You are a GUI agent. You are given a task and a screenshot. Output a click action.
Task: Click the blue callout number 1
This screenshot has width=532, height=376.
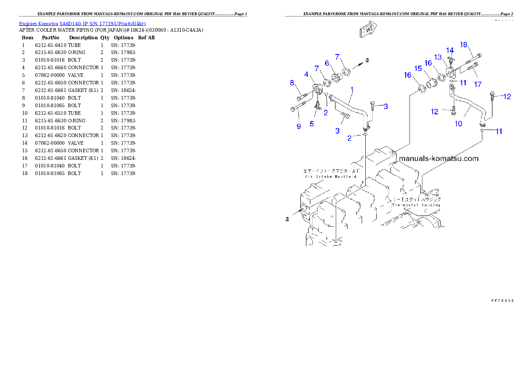coord(352,90)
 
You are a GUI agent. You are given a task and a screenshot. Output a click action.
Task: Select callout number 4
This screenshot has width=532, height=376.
coord(306,74)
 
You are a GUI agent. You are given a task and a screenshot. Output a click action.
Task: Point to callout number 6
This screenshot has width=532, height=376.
coord(327,63)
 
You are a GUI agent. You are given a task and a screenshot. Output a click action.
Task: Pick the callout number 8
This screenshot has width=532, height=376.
coord(292,83)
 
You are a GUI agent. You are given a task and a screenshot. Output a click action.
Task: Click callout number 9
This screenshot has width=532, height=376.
coord(299,126)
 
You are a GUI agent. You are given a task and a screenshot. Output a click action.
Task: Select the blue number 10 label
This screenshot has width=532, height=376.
coord(459,124)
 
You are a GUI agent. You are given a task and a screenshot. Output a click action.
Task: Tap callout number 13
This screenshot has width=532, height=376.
coord(438,57)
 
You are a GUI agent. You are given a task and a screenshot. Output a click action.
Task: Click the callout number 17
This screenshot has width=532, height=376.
coord(478,84)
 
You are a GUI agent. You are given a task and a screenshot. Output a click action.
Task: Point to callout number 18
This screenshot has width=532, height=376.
coord(464,44)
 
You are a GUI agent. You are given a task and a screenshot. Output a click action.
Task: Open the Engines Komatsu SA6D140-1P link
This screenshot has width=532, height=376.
coord(82,24)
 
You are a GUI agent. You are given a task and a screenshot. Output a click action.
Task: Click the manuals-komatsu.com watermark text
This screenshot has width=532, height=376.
coord(439,159)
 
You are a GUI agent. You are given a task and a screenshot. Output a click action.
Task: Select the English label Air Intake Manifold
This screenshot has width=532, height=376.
coord(330,177)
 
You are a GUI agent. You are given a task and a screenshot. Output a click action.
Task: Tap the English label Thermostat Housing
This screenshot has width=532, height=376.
coord(416,205)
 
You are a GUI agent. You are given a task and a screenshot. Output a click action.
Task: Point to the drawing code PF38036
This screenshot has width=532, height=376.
coord(502,300)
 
